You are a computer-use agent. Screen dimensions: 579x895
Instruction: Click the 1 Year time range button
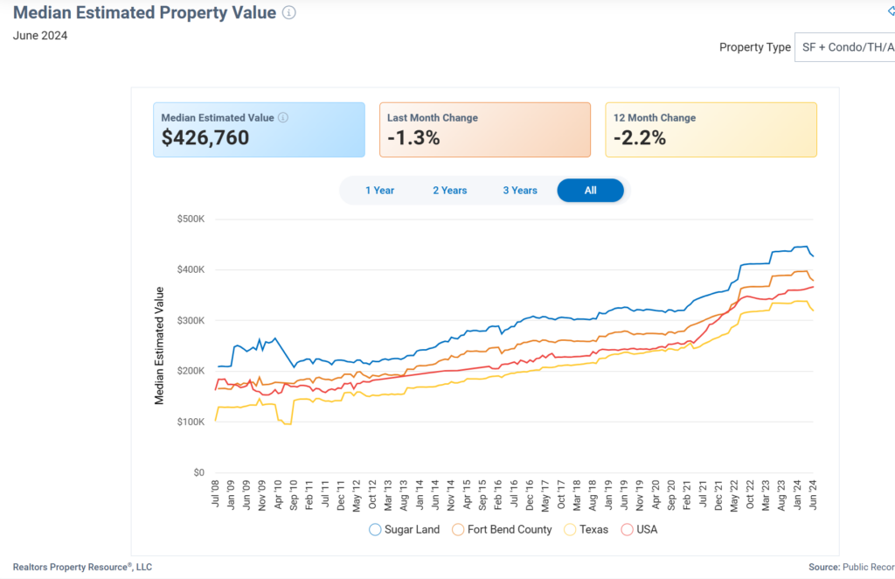[379, 191]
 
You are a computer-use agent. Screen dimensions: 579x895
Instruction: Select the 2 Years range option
[449, 191]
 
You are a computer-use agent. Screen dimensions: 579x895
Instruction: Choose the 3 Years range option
[520, 191]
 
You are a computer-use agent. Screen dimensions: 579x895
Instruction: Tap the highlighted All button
[590, 191]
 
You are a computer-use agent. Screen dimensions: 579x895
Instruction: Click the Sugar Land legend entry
[407, 529]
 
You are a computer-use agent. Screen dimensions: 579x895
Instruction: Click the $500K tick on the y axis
[190, 220]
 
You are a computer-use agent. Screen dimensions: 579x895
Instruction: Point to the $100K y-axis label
[190, 422]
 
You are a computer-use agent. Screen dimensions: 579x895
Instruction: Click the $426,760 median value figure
[205, 138]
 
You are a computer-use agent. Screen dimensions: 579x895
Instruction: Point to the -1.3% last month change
[414, 138]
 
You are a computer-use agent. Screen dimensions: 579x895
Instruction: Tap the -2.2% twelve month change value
[640, 138]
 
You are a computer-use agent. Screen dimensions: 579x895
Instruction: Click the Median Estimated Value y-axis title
[160, 345]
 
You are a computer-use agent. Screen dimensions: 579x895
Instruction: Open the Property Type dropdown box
[844, 47]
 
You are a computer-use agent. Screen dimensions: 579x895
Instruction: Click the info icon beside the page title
[289, 13]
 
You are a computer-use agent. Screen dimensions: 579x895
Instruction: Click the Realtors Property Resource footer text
[82, 567]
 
